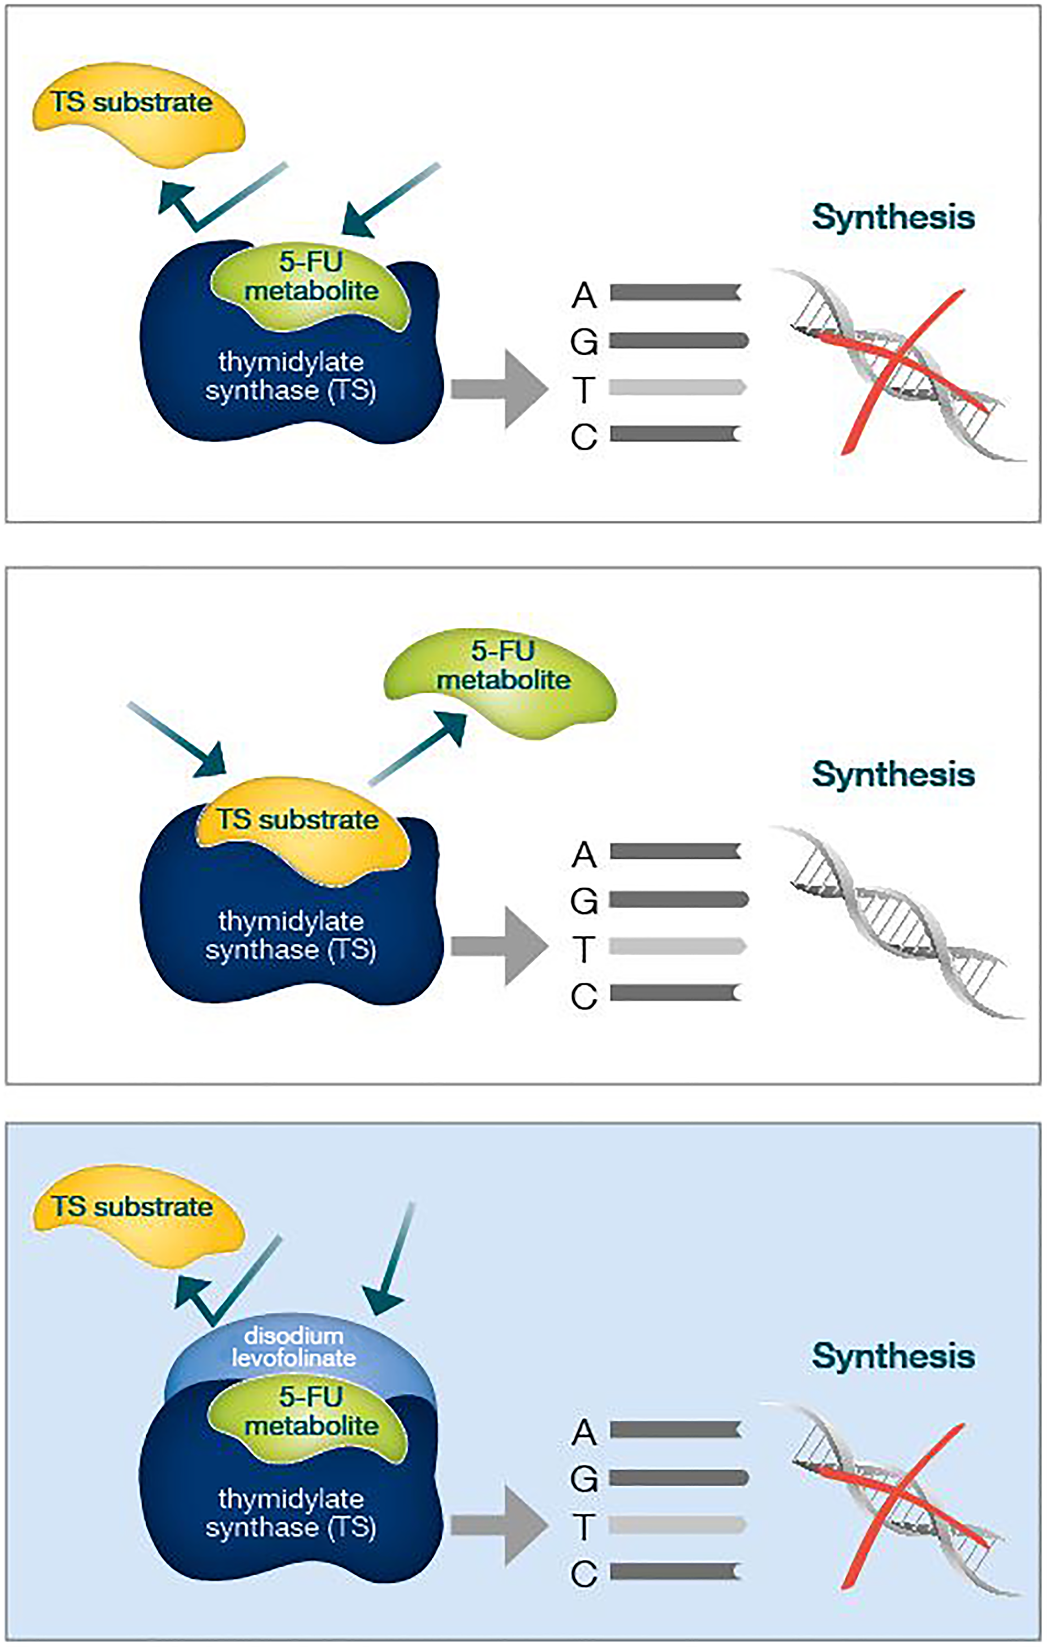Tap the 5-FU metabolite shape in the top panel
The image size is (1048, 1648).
pos(311,284)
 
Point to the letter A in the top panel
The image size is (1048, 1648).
pos(583,295)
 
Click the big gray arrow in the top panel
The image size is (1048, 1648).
pos(500,389)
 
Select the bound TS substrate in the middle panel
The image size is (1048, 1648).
pos(301,828)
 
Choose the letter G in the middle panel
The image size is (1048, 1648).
pos(583,901)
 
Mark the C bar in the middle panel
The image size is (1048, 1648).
pos(675,992)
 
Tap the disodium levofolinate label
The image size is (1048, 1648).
pos(294,1347)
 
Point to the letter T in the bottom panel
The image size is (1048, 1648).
pos(583,1526)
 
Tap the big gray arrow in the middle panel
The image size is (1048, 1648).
pos(500,946)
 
